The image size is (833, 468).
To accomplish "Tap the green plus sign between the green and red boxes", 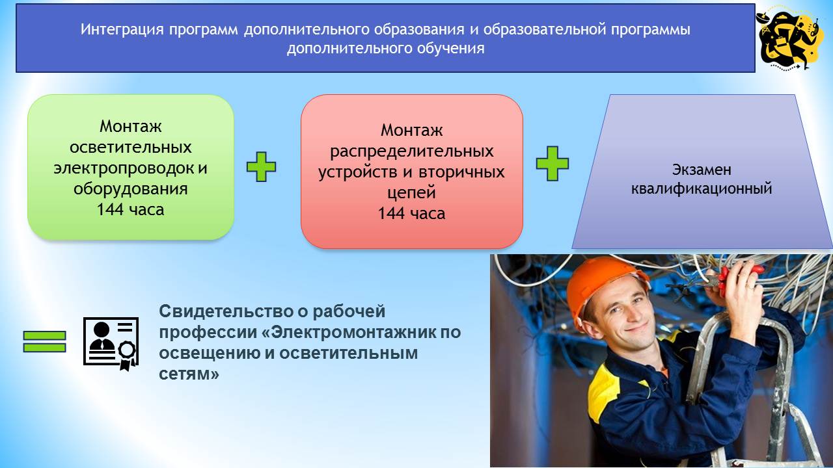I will (261, 167).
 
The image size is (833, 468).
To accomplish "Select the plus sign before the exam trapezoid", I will (552, 163).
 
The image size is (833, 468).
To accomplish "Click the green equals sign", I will (45, 342).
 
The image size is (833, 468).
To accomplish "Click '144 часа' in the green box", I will (130, 210).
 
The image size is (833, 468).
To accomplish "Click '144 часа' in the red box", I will (411, 214).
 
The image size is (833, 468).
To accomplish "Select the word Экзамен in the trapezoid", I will (702, 170).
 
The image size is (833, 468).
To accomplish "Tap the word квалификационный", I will (702, 189).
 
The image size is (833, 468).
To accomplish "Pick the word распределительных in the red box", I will (411, 151).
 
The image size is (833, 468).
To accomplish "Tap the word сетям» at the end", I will (189, 375).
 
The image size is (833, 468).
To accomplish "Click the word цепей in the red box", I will (411, 193).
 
